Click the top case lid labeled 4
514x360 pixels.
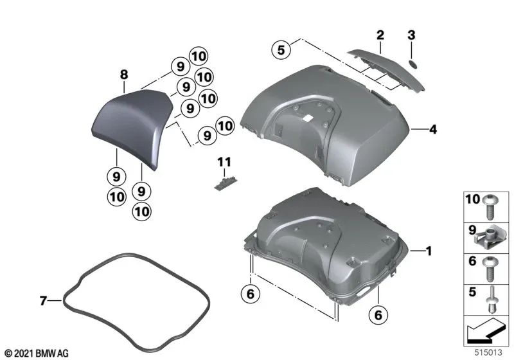(328, 122)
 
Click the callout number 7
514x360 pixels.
(42, 300)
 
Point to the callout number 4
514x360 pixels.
(433, 130)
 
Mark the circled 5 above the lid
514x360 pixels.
(279, 49)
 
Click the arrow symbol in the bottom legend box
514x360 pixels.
(484, 334)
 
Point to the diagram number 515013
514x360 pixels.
(490, 352)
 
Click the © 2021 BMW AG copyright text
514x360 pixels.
(37, 353)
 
